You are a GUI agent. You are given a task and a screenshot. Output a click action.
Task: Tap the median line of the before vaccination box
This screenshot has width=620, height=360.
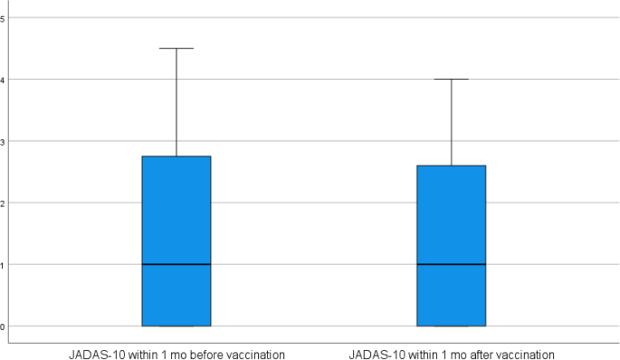pos(176,264)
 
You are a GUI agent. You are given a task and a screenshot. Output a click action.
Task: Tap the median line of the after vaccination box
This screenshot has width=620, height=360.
pos(451,264)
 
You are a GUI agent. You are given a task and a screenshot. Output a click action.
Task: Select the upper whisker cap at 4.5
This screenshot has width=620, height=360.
pos(176,48)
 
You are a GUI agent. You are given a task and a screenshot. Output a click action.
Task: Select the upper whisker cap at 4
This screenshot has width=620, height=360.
pos(451,80)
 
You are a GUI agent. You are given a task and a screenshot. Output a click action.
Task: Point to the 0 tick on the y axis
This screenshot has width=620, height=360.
pos(4,326)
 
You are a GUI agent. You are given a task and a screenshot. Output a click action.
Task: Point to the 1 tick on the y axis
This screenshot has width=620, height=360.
pos(4,264)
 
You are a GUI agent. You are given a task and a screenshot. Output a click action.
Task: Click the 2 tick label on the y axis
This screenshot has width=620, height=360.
pos(4,203)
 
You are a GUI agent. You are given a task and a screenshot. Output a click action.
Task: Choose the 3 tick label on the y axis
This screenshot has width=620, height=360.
pos(4,141)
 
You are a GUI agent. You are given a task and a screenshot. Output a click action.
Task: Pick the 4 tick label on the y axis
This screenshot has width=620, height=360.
pos(4,80)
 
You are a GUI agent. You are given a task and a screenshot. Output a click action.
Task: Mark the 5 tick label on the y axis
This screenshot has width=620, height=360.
pos(4,18)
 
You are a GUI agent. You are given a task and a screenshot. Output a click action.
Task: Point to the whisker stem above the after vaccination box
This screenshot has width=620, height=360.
pos(451,122)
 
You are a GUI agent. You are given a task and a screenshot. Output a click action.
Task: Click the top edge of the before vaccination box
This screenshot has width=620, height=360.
pos(176,156)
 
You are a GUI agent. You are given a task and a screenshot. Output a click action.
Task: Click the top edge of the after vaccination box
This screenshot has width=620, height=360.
pos(451,166)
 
